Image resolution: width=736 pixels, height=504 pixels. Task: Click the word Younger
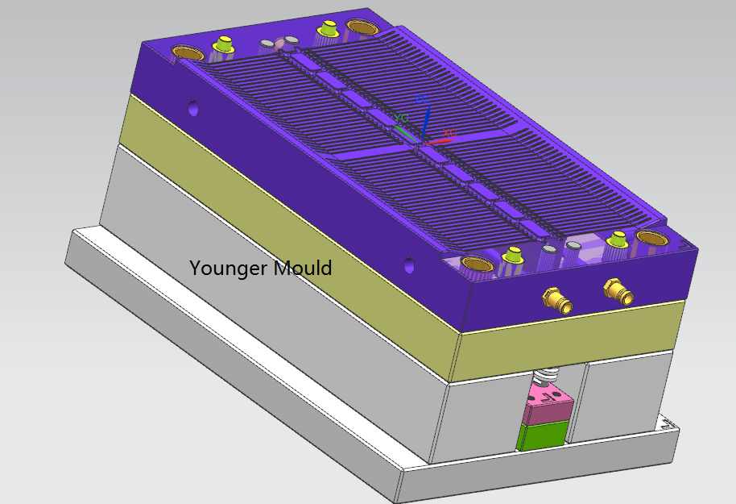pos(229,269)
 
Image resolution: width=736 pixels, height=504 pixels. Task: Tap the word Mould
pos(302,268)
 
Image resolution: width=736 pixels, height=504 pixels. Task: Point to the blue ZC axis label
pos(421,99)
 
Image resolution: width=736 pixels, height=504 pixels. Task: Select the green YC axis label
pos(401,118)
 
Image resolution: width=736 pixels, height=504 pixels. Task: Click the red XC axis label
pos(449,133)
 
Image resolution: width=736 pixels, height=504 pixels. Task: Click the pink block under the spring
pos(548,403)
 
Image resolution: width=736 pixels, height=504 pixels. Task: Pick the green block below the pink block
pos(542,435)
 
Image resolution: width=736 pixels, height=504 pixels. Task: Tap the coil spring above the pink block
pos(545,376)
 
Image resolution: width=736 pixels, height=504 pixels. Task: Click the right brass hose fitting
pos(618,291)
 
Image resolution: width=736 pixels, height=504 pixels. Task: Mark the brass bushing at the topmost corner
pos(361,26)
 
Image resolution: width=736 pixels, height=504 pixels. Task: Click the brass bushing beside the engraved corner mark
pos(652,238)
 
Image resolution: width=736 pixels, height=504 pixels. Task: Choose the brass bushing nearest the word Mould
pos(478,264)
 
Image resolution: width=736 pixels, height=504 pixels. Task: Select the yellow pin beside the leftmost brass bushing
pos(223,44)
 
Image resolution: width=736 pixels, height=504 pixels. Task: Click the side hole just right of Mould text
pos(409,265)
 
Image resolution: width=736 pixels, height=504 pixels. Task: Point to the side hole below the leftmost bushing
pos(193,108)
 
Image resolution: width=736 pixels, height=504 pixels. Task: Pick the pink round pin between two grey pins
pos(279,44)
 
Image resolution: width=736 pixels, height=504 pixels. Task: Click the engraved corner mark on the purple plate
pos(683,244)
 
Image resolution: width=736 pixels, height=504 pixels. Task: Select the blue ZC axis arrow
pos(425,123)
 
